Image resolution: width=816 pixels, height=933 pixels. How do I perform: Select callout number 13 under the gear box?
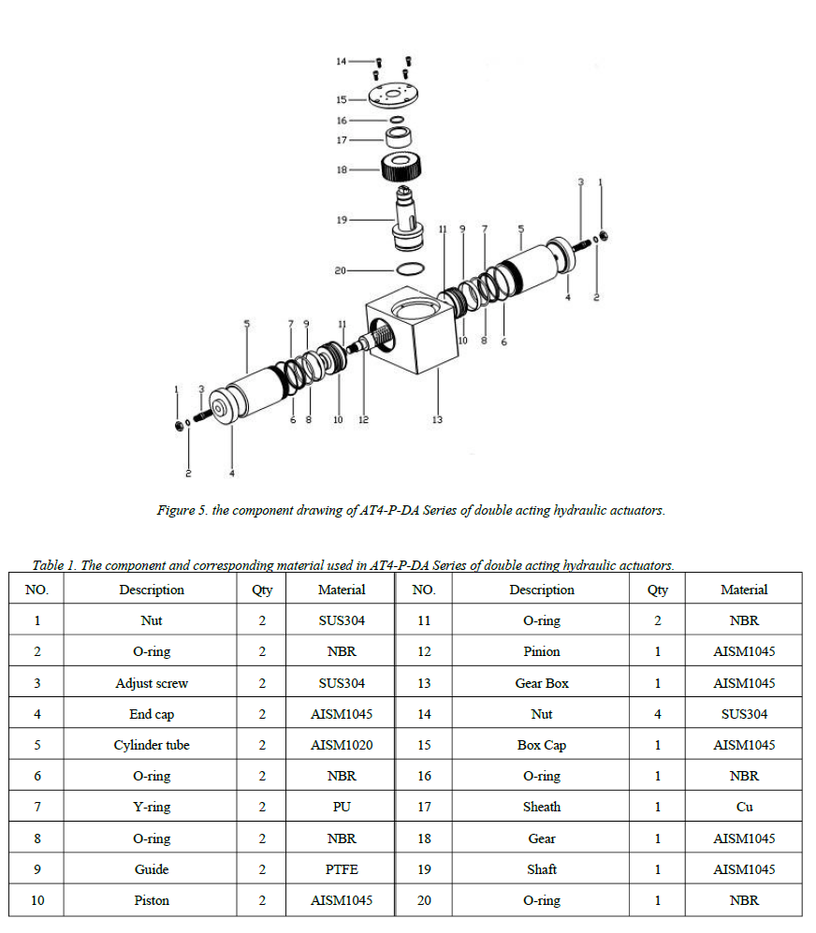pos(437,419)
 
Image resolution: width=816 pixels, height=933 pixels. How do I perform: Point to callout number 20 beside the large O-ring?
pos(340,270)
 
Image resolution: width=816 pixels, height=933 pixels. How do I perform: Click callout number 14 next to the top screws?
pos(341,61)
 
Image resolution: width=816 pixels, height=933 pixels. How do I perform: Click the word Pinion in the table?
pos(542,651)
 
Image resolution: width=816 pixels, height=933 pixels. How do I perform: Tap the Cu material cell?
pos(744,807)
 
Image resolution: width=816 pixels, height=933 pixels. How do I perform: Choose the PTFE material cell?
pos(342,869)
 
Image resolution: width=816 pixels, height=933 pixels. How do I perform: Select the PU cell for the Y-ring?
pos(342,807)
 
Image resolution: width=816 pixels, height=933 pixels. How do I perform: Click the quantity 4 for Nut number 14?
pos(658,714)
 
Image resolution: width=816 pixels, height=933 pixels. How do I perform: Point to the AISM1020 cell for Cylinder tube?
pos(342,745)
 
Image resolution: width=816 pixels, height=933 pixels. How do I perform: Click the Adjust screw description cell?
pos(152,683)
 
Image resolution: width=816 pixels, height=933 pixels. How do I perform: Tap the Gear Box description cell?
pos(542,683)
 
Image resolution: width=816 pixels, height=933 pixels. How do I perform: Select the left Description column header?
pos(152,590)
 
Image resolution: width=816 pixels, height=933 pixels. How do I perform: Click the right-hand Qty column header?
pos(658,590)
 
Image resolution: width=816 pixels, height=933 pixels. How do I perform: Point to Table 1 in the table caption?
pos(53,565)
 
